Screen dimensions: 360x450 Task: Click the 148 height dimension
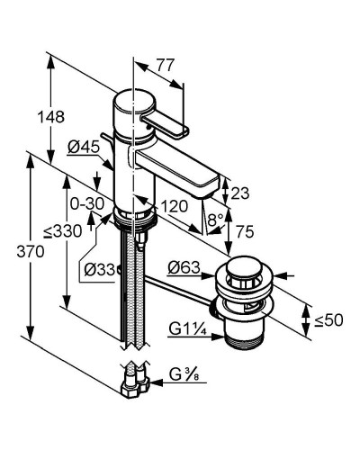tap(50, 116)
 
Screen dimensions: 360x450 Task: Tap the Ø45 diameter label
tap(84, 147)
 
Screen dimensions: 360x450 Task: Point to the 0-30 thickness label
tap(87, 204)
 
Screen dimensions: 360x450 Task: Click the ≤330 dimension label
tap(62, 231)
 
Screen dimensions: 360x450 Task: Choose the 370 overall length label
tap(31, 251)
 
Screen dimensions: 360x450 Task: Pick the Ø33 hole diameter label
tap(100, 269)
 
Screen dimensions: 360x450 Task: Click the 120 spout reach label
tap(175, 206)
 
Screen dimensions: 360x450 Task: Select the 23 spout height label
tap(240, 193)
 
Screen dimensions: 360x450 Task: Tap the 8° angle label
tap(216, 220)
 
